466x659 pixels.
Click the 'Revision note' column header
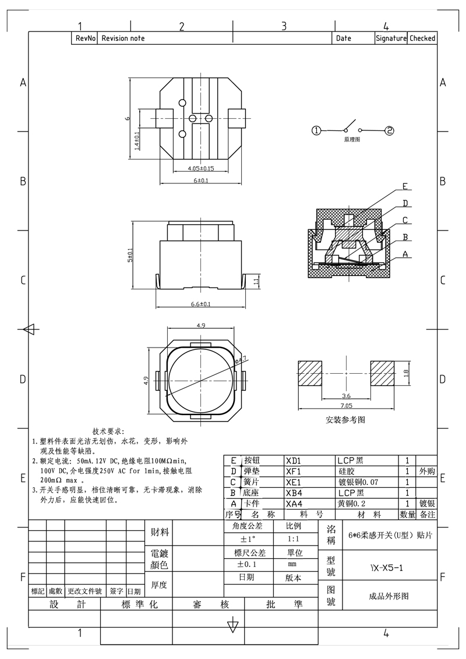[123, 38]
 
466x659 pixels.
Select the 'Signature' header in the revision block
[390, 38]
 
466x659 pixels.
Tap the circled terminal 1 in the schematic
[316, 130]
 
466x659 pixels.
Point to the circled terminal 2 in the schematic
[389, 130]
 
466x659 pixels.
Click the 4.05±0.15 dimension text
[200, 169]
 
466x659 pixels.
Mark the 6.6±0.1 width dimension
[200, 304]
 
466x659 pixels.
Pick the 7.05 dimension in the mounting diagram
[346, 405]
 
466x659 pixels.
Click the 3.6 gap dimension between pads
[346, 395]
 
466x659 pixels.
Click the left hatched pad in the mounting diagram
[309, 373]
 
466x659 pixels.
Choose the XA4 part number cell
[294, 504]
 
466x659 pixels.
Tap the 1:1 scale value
[294, 539]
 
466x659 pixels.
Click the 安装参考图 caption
[346, 419]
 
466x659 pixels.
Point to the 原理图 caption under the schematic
[352, 140]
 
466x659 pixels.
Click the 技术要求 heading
[108, 431]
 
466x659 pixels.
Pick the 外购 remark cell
[427, 471]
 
